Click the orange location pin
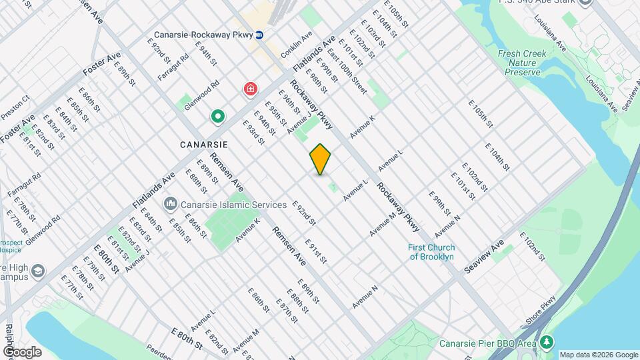(320, 159)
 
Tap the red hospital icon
(250, 89)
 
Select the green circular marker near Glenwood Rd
(217, 117)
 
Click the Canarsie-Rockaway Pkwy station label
(203, 35)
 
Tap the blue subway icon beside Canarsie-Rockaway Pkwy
(259, 35)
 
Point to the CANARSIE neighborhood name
(204, 144)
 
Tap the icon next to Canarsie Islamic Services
(171, 203)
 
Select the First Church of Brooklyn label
(431, 251)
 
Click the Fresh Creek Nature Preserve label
(522, 62)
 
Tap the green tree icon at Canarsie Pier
(547, 342)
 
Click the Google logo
(22, 351)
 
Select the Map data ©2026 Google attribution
(598, 355)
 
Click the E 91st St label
(315, 251)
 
